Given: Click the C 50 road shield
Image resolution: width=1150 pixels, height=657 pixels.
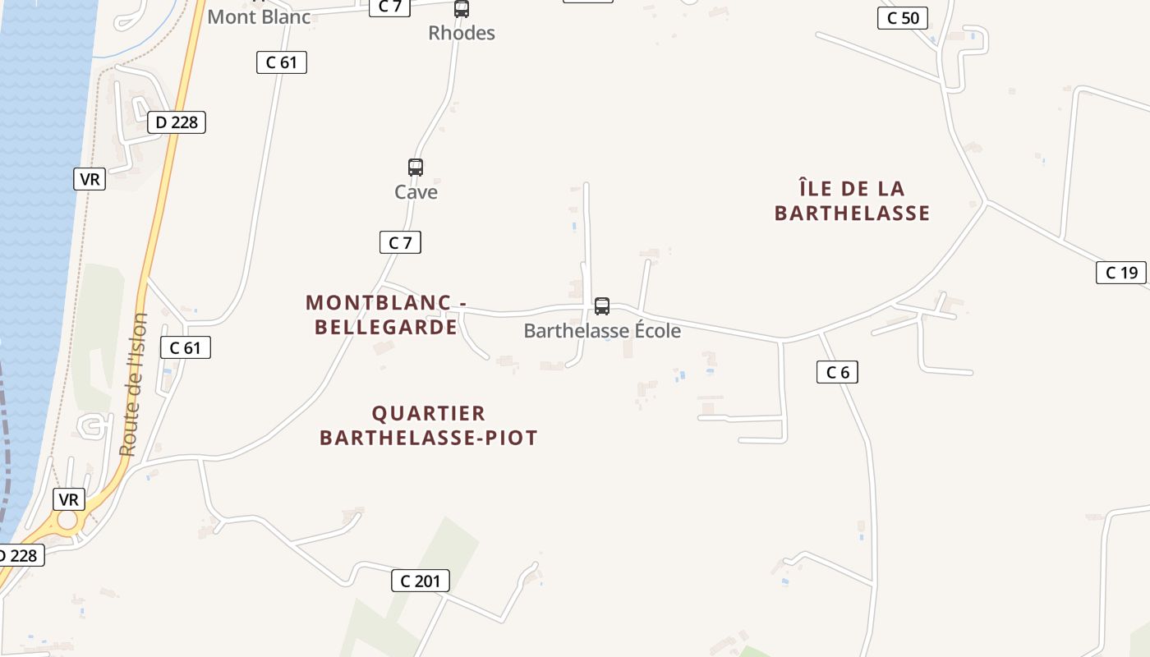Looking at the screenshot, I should click(x=903, y=18).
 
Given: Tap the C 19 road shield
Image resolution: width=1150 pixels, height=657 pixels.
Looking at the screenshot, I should click(x=1120, y=273).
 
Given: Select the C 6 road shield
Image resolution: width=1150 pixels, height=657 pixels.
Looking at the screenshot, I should click(x=837, y=372).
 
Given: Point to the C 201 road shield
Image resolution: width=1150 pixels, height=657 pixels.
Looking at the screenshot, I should click(x=420, y=581).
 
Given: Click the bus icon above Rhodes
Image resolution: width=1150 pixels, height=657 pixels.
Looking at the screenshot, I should click(x=462, y=9).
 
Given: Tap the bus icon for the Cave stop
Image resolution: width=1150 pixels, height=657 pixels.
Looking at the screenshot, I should click(x=416, y=168).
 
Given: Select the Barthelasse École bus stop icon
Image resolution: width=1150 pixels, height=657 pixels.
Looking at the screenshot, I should click(x=602, y=306).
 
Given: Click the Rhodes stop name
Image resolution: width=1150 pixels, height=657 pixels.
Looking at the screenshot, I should click(x=462, y=33).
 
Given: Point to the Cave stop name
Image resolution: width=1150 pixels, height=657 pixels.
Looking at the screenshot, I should click(x=416, y=192).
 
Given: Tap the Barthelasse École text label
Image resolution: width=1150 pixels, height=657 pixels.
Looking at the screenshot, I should click(x=602, y=331).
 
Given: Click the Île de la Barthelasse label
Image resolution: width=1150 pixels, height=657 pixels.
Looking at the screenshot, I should click(x=852, y=201).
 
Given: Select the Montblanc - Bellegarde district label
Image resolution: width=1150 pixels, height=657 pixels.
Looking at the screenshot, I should click(x=386, y=315).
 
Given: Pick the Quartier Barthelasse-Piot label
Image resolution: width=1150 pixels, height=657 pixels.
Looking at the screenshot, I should click(x=428, y=425).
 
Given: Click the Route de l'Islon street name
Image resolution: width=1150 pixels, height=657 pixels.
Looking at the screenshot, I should click(x=134, y=384).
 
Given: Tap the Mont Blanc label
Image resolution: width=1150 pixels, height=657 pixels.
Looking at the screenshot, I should click(x=259, y=16).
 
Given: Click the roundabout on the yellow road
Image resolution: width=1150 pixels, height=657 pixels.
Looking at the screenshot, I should click(x=67, y=521).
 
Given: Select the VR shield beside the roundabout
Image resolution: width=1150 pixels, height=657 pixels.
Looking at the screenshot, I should click(x=69, y=499).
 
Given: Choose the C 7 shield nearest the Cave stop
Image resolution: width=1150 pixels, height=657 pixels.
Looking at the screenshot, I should click(x=400, y=242).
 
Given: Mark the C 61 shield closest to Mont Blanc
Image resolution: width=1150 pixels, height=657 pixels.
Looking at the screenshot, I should click(x=282, y=62).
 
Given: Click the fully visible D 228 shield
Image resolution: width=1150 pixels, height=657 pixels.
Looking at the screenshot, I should click(x=176, y=122).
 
